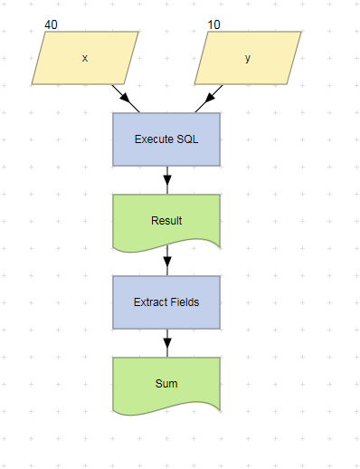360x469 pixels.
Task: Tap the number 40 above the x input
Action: click(52, 24)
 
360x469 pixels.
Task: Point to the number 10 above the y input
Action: click(213, 24)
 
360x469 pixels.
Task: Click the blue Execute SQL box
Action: click(166, 139)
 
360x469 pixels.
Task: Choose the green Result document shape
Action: click(166, 220)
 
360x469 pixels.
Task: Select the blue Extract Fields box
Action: click(166, 302)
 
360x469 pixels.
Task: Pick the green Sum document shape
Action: click(166, 383)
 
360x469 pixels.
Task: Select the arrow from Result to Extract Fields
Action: click(166, 262)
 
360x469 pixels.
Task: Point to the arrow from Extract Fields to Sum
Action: click(166, 343)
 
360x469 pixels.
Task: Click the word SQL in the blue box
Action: click(186, 139)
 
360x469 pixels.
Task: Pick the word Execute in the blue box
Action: click(154, 139)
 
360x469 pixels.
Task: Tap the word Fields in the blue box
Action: click(185, 302)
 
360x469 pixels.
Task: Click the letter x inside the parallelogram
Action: click(85, 58)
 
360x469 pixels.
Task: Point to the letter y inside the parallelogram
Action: click(248, 58)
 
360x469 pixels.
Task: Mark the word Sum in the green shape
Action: click(166, 383)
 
